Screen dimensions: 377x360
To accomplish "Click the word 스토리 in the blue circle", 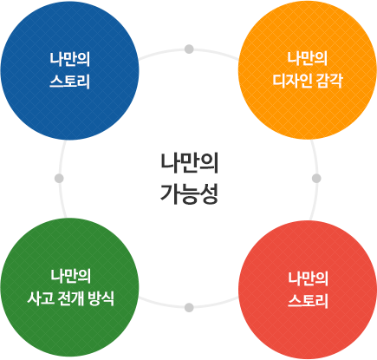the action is (69, 82).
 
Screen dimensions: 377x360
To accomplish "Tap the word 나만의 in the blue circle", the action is (69, 59).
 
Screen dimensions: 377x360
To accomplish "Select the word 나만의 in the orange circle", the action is (308, 58).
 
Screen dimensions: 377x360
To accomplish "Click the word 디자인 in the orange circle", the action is (292, 81).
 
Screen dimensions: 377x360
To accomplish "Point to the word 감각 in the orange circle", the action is (329, 81).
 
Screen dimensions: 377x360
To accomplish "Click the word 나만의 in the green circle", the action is (71, 276).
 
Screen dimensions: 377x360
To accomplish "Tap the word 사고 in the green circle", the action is (41, 298).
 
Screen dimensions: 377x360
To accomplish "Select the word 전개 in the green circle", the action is (70, 298).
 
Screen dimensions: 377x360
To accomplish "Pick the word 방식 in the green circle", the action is (101, 298).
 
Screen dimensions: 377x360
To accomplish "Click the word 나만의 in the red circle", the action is (308, 278).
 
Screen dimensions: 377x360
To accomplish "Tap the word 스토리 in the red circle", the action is (308, 301).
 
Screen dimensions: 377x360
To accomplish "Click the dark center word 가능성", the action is (189, 193).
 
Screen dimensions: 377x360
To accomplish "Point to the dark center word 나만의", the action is (189, 163).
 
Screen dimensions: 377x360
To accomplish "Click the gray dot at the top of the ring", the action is (189, 49).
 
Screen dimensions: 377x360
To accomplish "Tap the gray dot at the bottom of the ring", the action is (189, 307).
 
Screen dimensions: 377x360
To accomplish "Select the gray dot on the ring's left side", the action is (59, 179).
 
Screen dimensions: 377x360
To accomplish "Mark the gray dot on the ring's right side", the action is (316, 179).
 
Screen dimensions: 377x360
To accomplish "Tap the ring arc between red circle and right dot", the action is (314, 200).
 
